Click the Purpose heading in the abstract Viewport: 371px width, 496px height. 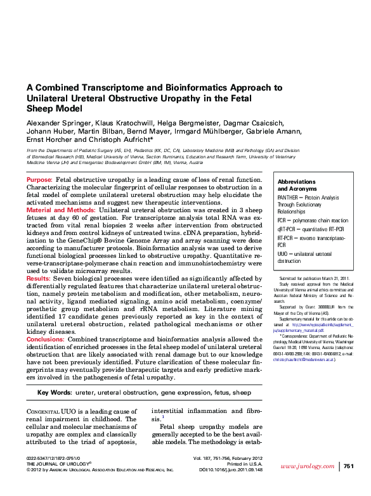coord(39,181)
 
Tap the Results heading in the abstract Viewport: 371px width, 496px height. coord(39,278)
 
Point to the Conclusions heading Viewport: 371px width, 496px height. coord(48,339)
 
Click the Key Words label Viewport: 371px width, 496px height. coord(55,393)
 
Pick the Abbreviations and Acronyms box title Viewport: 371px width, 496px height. coord(297,185)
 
